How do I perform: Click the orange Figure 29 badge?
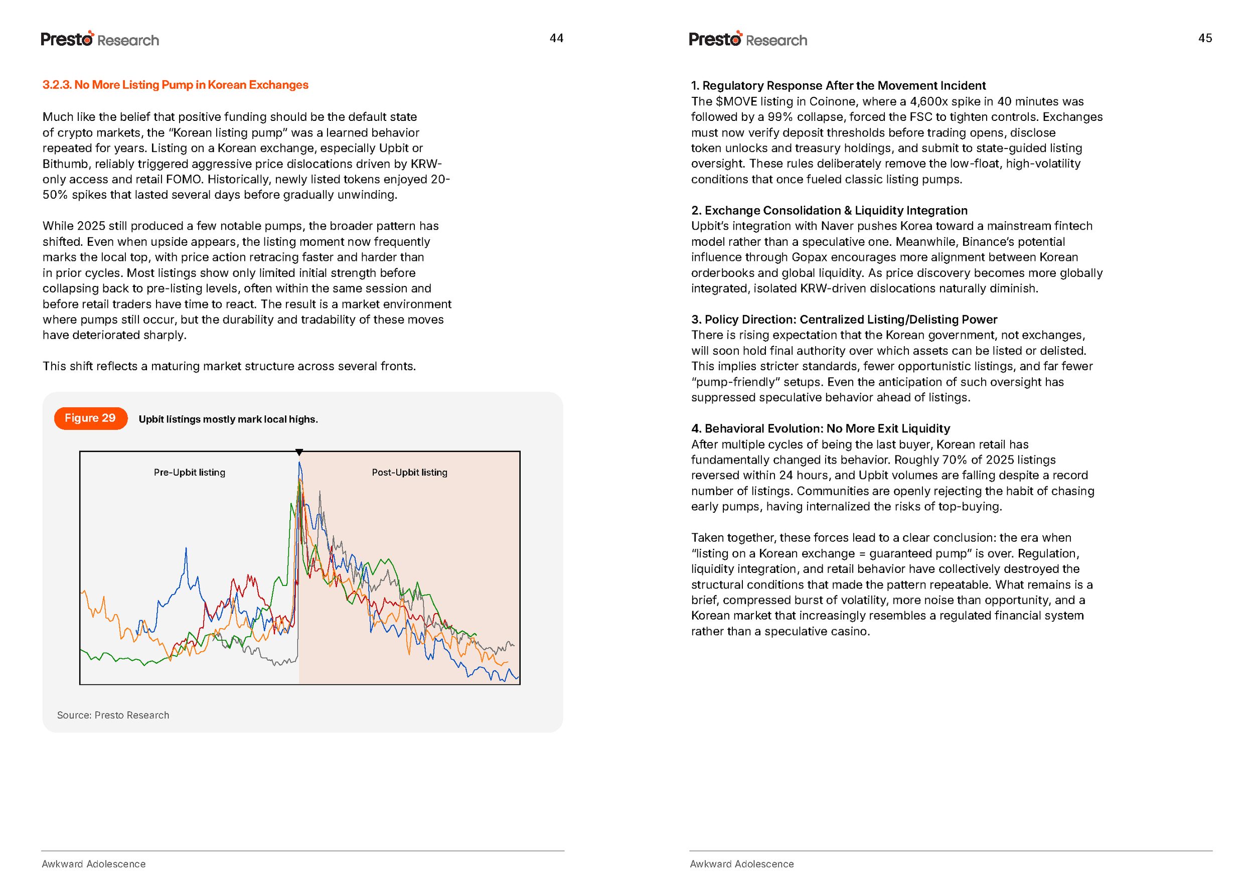coord(90,418)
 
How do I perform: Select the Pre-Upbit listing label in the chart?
coord(189,473)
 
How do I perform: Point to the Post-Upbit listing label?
coord(409,473)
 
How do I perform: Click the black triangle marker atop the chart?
coord(299,452)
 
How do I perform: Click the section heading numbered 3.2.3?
coord(175,85)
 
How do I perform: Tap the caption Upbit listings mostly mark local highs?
coord(228,419)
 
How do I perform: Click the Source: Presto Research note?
coord(113,715)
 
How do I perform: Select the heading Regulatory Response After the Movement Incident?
coord(838,86)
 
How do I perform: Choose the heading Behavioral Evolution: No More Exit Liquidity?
coord(820,428)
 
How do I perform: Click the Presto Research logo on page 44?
coord(100,40)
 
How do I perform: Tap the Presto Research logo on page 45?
coord(748,40)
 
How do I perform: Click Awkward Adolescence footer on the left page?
coord(94,864)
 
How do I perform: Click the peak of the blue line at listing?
coord(299,464)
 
